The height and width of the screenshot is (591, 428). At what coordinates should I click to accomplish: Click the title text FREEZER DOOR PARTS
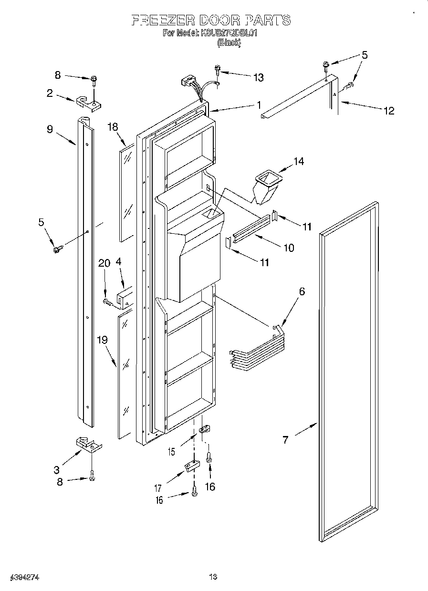pyautogui.click(x=210, y=20)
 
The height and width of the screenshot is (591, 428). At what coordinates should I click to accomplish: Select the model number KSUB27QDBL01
pyautogui.click(x=230, y=33)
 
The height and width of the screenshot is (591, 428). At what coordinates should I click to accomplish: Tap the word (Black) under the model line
pyautogui.click(x=229, y=42)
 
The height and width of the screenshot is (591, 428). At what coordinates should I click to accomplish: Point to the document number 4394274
pyautogui.click(x=23, y=577)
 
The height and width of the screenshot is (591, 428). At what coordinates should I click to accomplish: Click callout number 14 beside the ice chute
pyautogui.click(x=298, y=161)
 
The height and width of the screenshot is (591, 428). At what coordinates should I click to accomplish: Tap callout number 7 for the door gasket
pyautogui.click(x=285, y=439)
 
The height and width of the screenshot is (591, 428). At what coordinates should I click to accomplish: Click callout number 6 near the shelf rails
pyautogui.click(x=302, y=291)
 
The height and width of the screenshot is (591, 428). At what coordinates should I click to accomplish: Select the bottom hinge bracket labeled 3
pyautogui.click(x=89, y=446)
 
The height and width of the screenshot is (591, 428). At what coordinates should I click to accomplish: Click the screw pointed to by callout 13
pyautogui.click(x=218, y=70)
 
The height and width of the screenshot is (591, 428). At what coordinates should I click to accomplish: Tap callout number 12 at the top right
pyautogui.click(x=389, y=111)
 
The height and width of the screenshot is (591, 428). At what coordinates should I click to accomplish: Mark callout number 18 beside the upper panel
pyautogui.click(x=113, y=127)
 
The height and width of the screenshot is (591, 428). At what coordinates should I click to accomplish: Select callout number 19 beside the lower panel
pyautogui.click(x=102, y=340)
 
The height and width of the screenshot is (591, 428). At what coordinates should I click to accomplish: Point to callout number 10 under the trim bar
pyautogui.click(x=288, y=248)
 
